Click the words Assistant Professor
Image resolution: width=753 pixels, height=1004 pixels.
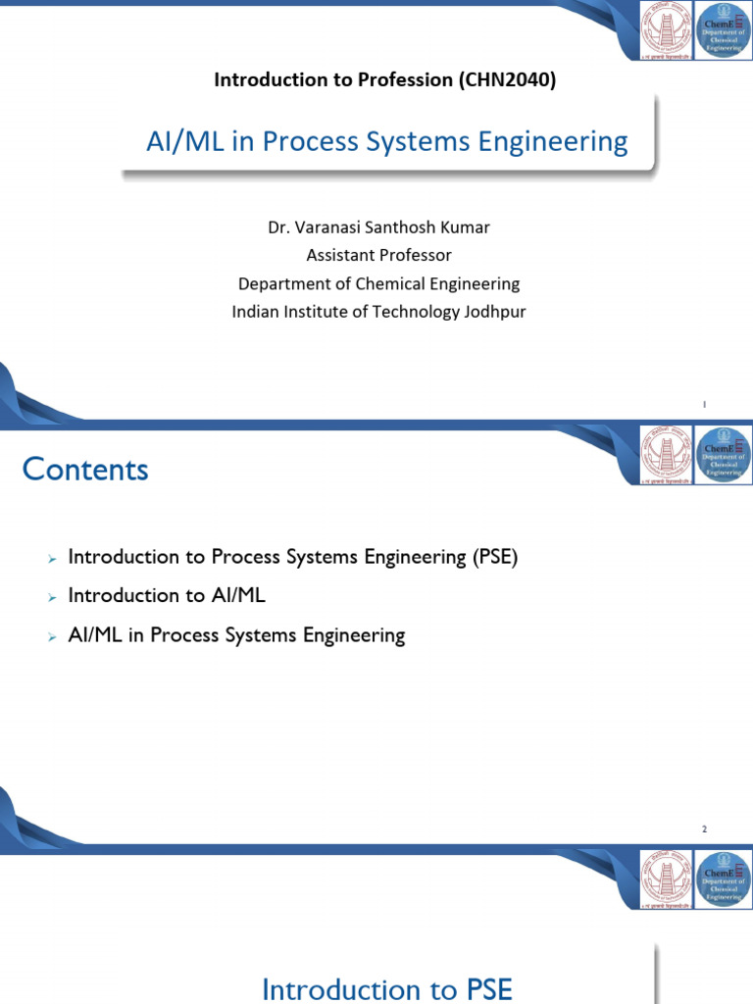click(378, 255)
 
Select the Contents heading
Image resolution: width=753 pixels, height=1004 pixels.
click(85, 470)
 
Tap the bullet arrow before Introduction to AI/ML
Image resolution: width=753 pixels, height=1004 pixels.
click(52, 597)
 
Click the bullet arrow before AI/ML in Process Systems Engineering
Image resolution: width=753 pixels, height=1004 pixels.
click(52, 636)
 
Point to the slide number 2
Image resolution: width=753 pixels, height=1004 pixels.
click(704, 829)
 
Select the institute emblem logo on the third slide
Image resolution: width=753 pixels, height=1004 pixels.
click(666, 879)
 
